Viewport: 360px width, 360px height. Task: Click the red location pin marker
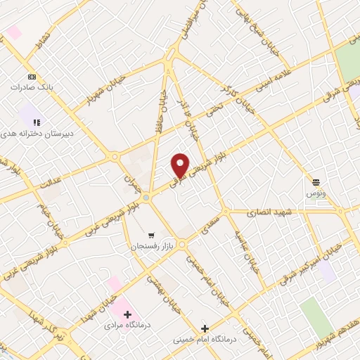(x=180, y=165)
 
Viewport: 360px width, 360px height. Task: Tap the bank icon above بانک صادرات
(x=32, y=77)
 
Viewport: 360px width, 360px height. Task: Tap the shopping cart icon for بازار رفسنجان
(x=151, y=236)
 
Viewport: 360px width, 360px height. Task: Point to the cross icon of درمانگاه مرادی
(x=128, y=314)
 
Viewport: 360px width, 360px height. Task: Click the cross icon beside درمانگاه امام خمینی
(x=205, y=328)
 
